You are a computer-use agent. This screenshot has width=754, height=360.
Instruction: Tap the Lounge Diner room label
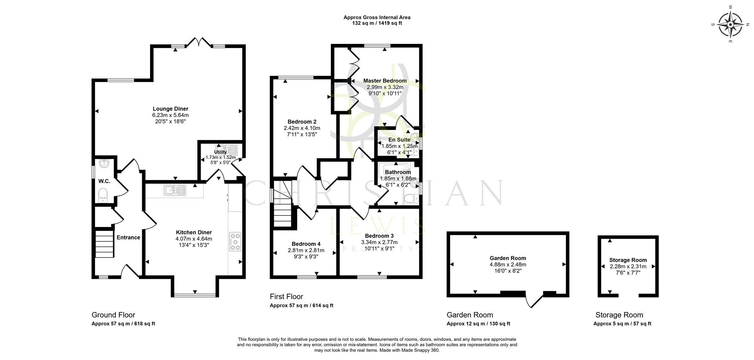pos(170,109)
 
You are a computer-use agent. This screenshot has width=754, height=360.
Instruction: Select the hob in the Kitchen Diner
pos(235,242)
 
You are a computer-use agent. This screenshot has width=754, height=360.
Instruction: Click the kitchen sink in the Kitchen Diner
pos(176,190)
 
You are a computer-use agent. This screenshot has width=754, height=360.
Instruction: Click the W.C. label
pos(104,181)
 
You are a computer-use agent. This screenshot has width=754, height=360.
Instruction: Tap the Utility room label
pos(220,152)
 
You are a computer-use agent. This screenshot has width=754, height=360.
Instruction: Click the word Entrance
pos(128,237)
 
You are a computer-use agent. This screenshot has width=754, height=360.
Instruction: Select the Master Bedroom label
pos(384,80)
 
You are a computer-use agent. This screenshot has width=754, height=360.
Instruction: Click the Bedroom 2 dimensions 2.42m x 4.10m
pos(302,128)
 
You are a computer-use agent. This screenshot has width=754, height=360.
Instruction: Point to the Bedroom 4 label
pos(306,244)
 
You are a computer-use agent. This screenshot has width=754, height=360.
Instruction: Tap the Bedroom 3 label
pos(379,236)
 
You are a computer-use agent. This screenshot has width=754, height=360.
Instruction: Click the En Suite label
pos(399,139)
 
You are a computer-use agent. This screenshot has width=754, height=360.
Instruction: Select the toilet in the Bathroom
pos(410,199)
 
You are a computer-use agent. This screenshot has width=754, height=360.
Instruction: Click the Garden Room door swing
pos(534,300)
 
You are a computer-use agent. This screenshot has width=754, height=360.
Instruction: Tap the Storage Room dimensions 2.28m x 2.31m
pos(628,266)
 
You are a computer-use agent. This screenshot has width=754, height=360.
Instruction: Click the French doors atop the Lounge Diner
pos(198,42)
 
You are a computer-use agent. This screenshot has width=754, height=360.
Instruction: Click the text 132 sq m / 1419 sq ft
pos(377,23)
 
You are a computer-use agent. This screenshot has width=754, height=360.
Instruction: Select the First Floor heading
pos(286,296)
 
